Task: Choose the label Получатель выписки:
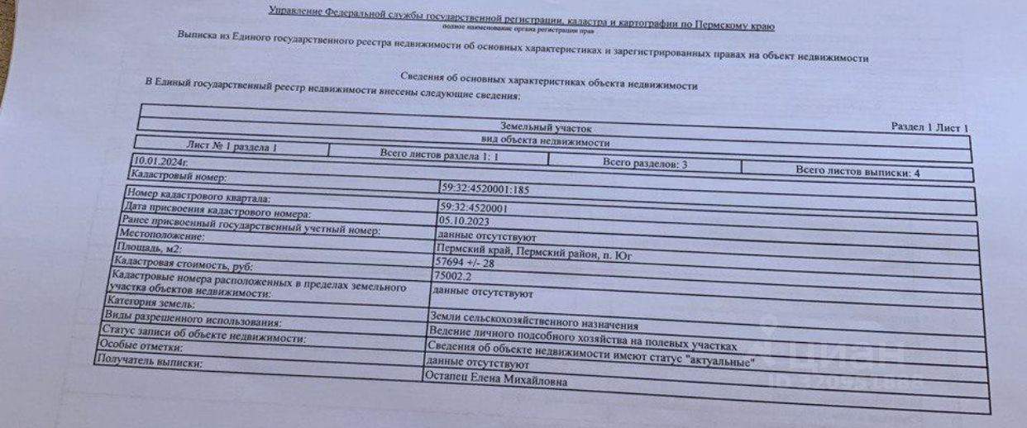pos(149,364)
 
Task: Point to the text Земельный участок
pos(546,128)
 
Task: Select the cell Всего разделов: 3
pos(645,164)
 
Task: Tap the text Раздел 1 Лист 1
pos(929,128)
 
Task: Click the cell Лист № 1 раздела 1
pos(232,147)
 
